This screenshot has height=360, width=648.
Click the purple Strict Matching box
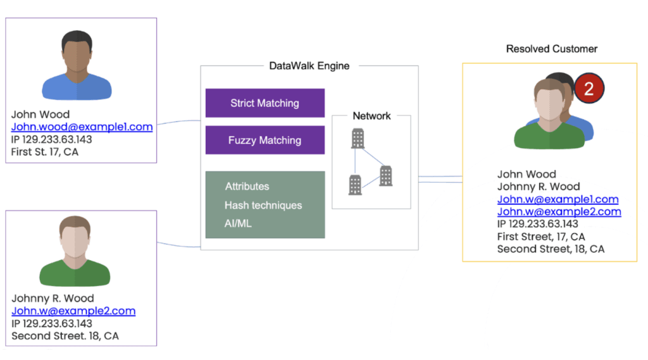point(265,103)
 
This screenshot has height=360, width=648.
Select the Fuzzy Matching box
point(265,140)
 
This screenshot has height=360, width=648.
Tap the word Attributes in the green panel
point(247,187)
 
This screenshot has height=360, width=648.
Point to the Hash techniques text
point(263,206)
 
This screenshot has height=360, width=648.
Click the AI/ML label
point(238,224)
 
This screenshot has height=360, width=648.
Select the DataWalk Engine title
point(309,66)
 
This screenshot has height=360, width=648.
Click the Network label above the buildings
point(371,116)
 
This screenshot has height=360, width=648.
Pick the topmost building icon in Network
point(358,138)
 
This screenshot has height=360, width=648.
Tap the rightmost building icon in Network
point(386,175)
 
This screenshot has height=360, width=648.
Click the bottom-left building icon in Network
point(355,184)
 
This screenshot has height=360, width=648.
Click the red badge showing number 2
point(589,89)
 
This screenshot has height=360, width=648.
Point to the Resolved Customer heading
point(551,49)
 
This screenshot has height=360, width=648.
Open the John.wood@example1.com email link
point(82,127)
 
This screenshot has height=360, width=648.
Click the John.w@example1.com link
point(558,199)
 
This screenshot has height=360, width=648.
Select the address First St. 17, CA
point(45,152)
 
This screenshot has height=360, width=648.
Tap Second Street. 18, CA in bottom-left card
point(65,336)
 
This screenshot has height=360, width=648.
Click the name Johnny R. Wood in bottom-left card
point(53,299)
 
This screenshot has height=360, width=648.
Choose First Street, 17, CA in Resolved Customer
point(541,237)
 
